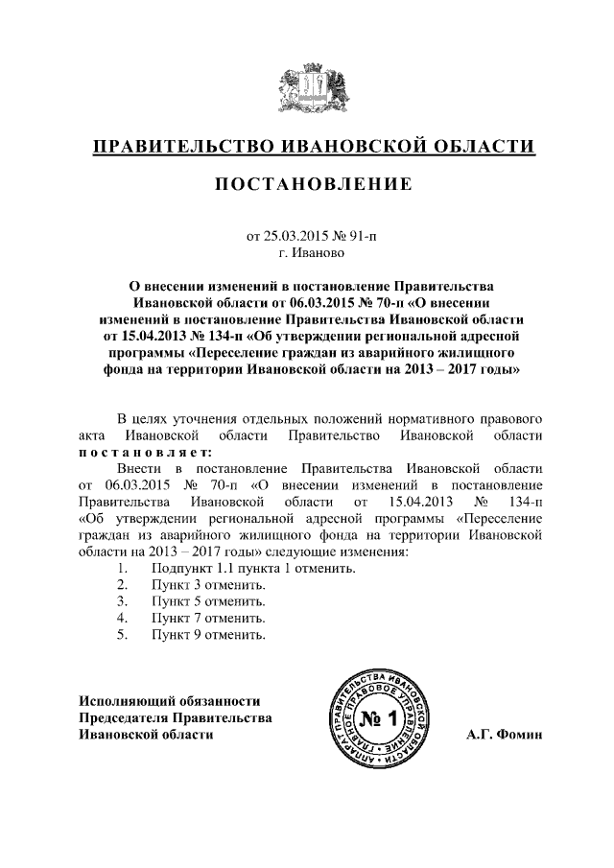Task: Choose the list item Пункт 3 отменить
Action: point(208,584)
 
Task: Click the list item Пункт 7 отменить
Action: point(208,618)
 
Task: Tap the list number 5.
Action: point(122,634)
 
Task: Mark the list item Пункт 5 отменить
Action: point(208,601)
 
